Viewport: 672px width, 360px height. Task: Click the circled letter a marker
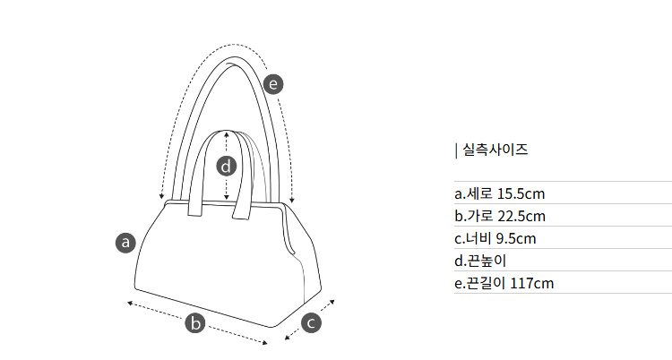click(125, 243)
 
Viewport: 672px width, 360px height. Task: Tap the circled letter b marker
click(195, 322)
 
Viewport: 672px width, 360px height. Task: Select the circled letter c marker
click(311, 322)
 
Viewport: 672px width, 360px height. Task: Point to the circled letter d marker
click(227, 166)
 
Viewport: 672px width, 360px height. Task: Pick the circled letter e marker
click(273, 83)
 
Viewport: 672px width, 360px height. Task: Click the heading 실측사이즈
click(495, 150)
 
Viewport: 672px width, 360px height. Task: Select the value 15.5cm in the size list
click(521, 193)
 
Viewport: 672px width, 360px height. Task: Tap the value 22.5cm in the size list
click(521, 216)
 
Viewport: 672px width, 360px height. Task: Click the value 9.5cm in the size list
click(516, 238)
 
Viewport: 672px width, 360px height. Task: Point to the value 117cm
click(531, 283)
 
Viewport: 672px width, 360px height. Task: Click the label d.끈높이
click(480, 261)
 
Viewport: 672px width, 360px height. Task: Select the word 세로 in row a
click(479, 193)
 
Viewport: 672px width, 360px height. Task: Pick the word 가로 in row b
click(480, 216)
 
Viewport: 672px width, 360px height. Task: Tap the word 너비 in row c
click(478, 238)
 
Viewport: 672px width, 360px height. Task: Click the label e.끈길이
click(480, 283)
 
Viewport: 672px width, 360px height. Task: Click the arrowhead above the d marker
click(227, 134)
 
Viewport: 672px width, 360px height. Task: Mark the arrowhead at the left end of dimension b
click(130, 304)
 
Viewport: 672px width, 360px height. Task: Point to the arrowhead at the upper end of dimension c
click(332, 303)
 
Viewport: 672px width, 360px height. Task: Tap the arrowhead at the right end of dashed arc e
click(292, 200)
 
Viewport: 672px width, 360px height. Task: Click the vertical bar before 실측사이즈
click(456, 150)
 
